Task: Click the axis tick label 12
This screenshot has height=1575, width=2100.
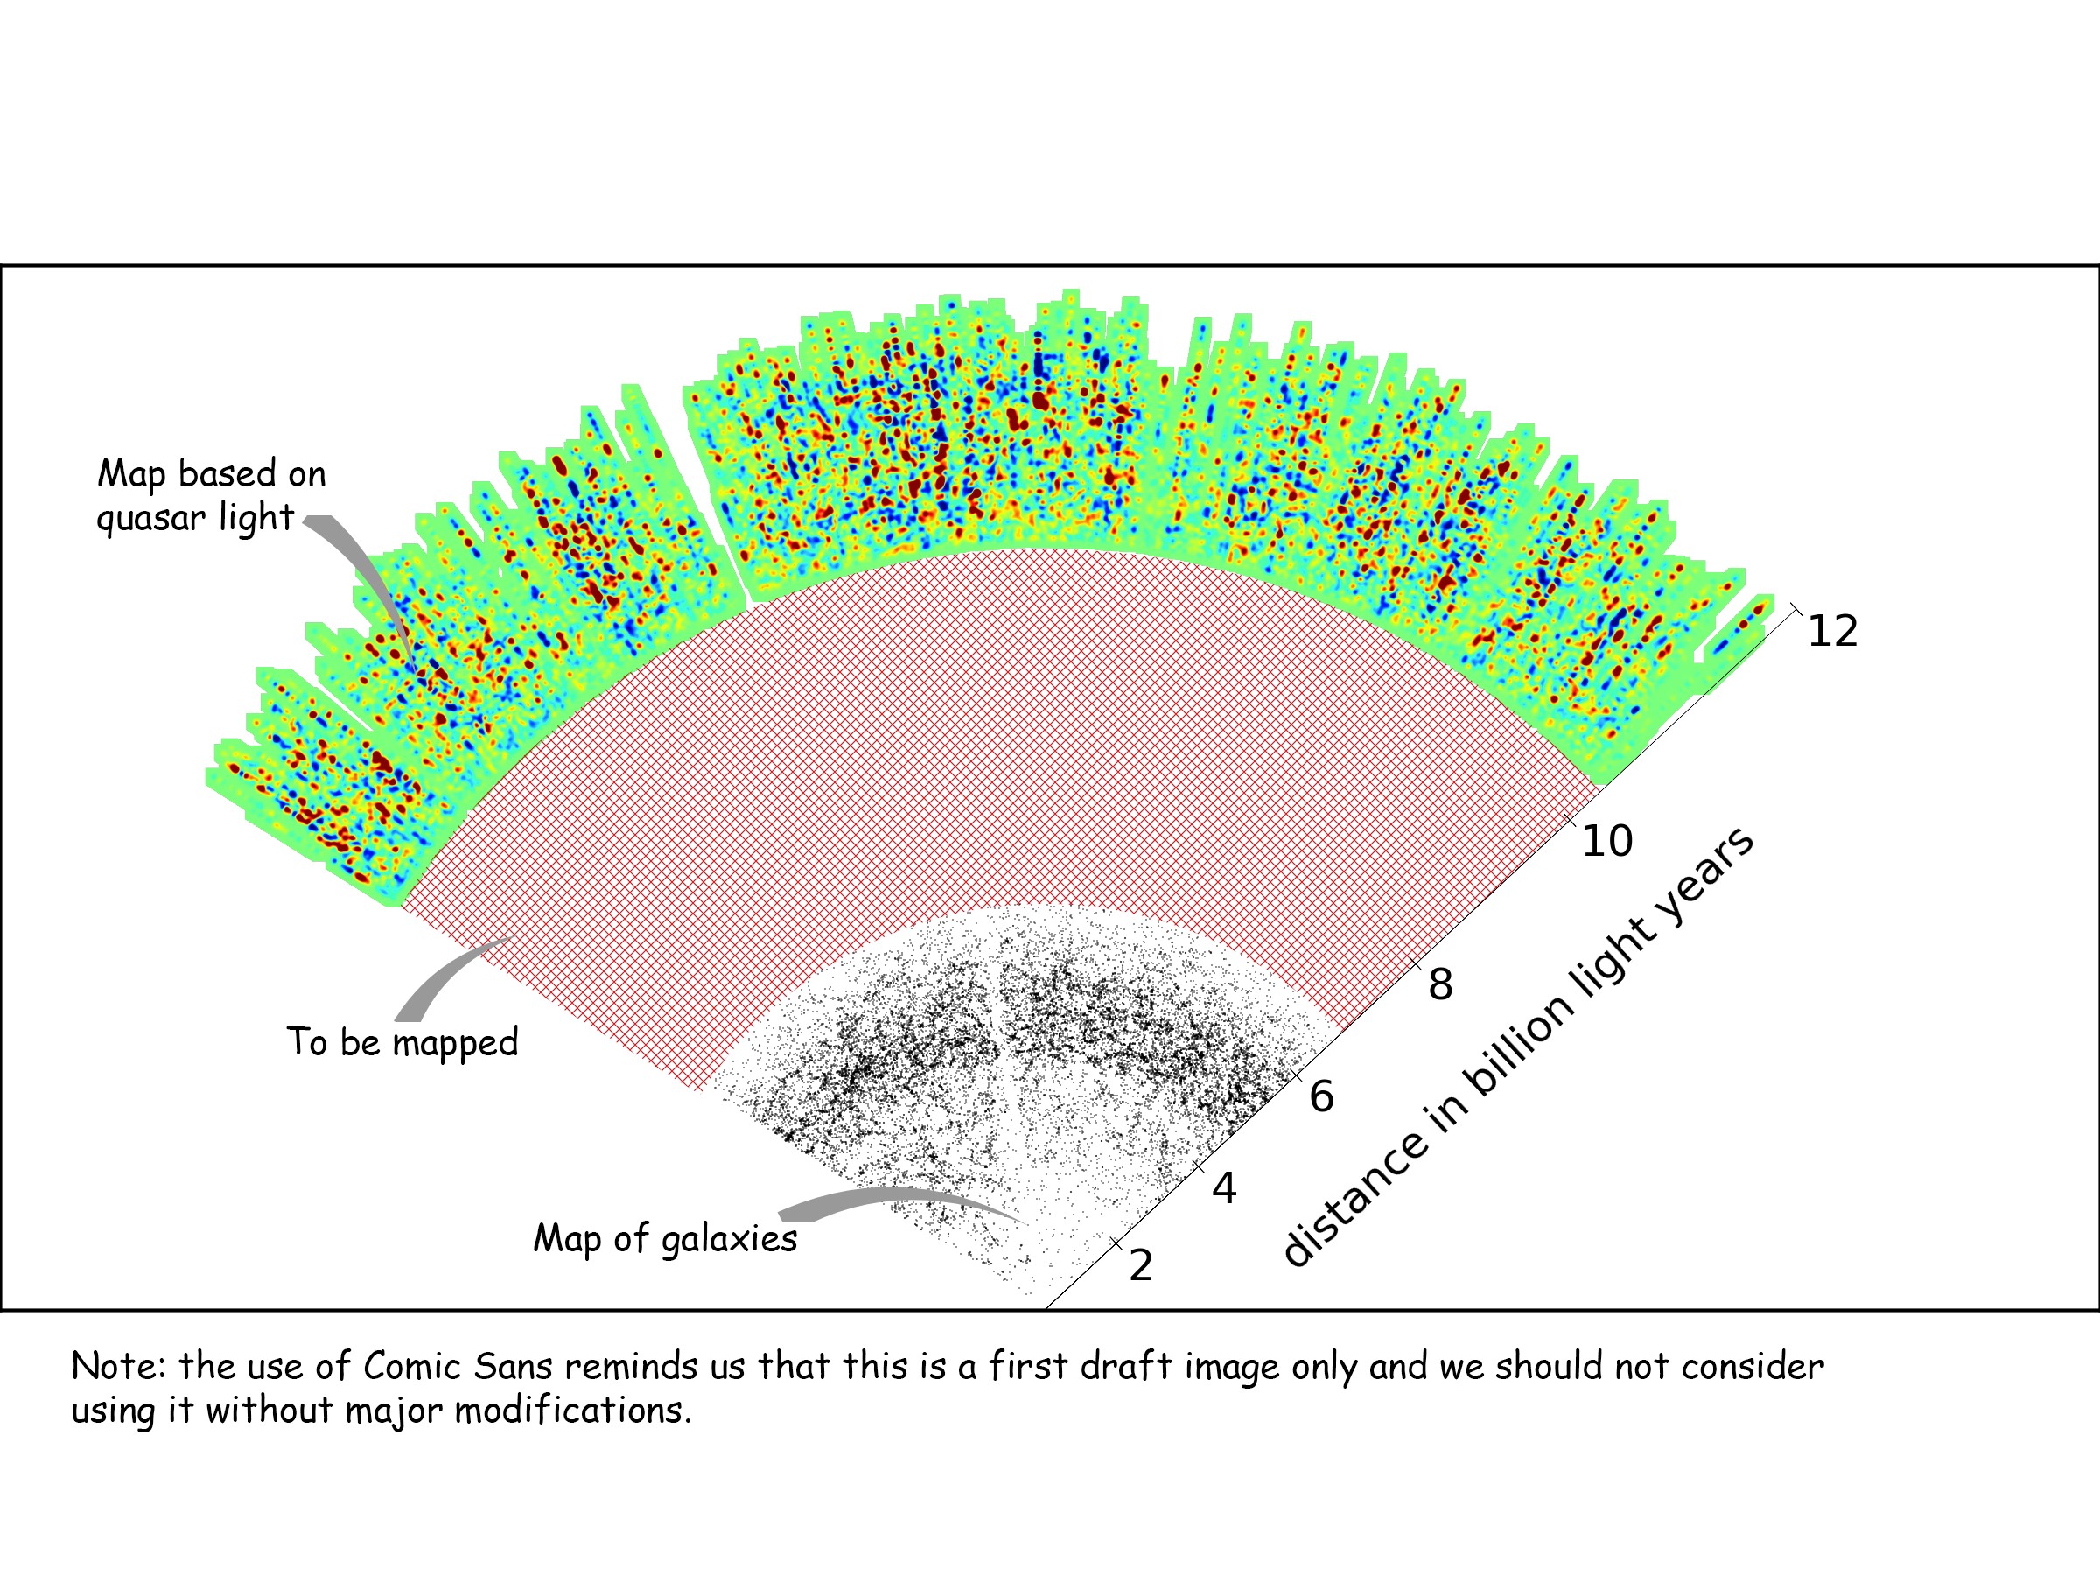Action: click(x=1832, y=632)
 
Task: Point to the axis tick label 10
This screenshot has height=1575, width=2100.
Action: click(x=1606, y=841)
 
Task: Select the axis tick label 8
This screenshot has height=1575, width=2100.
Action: click(x=1440, y=984)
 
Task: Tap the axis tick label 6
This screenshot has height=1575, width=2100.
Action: click(x=1322, y=1096)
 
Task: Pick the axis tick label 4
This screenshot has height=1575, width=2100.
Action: click(x=1225, y=1188)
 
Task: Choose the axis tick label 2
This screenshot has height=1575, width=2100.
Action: click(x=1141, y=1265)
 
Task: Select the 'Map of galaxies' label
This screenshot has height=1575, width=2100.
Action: click(x=664, y=1239)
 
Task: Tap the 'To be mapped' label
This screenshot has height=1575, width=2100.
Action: click(x=402, y=1042)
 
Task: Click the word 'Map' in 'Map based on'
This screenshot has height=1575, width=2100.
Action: click(x=132, y=473)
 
